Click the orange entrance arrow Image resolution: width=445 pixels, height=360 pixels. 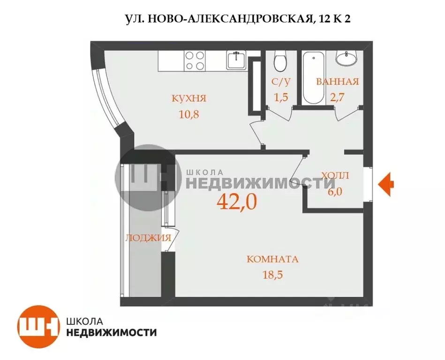click(386, 183)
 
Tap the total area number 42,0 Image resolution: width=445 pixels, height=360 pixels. click(237, 202)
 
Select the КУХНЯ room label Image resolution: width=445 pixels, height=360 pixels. click(189, 98)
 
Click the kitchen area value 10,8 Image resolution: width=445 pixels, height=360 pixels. click(189, 114)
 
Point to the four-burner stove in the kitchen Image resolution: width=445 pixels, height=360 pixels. click(195, 60)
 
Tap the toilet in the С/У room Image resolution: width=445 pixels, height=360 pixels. click(280, 60)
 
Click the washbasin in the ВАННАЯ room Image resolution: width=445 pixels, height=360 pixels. click(347, 58)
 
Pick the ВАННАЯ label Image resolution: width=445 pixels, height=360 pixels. click(337, 82)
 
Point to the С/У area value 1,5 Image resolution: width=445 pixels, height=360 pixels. click(281, 97)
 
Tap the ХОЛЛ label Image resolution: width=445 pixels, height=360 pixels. click(335, 176)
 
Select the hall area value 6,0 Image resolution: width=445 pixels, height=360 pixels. click(335, 191)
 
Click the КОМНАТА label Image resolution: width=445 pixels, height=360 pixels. click(272, 259)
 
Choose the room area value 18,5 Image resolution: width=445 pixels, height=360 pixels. click(272, 274)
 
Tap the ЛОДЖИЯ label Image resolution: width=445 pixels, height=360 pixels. click(148, 238)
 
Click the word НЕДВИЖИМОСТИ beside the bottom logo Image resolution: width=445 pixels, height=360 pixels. click(112, 332)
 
